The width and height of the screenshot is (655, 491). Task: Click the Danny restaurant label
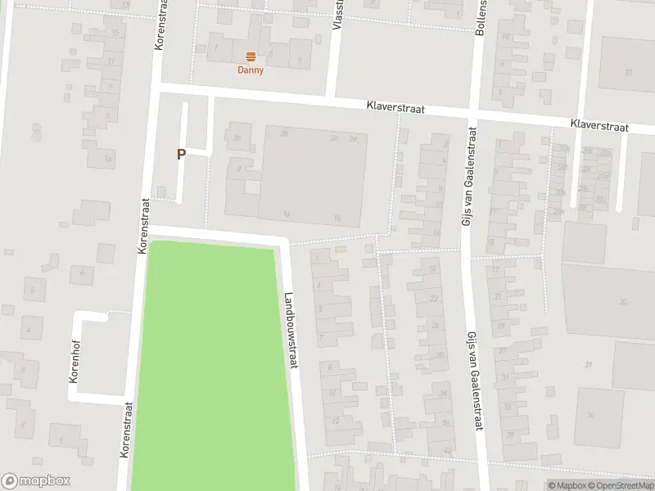251,70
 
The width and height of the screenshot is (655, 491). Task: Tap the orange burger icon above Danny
251,56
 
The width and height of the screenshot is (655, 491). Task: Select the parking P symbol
181,154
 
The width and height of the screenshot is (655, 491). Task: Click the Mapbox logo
36,481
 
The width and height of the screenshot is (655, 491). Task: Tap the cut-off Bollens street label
481,18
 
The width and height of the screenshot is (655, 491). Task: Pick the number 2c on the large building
334,138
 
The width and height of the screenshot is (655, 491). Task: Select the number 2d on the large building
353,138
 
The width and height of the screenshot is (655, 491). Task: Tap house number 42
447,450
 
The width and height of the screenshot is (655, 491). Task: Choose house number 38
445,422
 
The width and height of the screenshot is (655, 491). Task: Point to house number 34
443,394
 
